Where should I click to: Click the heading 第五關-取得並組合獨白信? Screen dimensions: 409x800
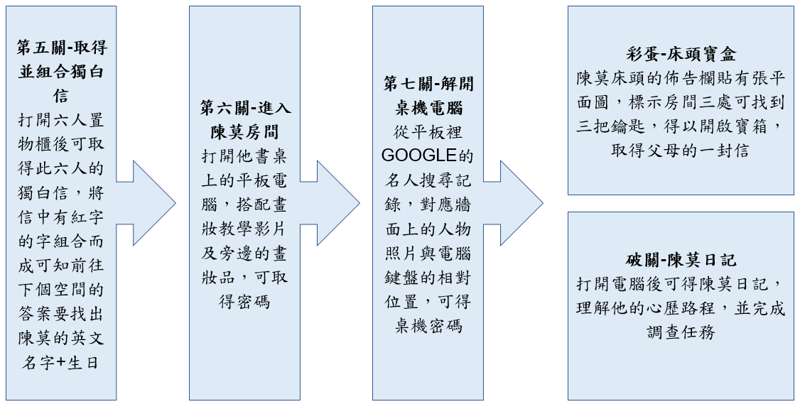click(61, 72)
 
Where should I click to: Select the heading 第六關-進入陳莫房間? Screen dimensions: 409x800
click(245, 120)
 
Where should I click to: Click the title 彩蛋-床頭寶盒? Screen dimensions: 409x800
click(681, 55)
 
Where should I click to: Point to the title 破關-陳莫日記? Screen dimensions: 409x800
click(681, 260)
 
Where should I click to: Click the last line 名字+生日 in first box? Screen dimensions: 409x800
click(61, 363)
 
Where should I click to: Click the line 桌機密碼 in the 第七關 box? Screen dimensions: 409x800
click(428, 326)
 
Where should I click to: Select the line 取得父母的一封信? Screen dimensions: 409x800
click(681, 151)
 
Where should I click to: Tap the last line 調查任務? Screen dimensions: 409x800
click(681, 332)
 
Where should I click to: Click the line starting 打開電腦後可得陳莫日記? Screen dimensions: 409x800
click(681, 284)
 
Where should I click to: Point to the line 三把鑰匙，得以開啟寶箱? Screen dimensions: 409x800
click(681, 127)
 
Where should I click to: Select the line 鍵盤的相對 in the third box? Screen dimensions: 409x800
click(428, 278)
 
